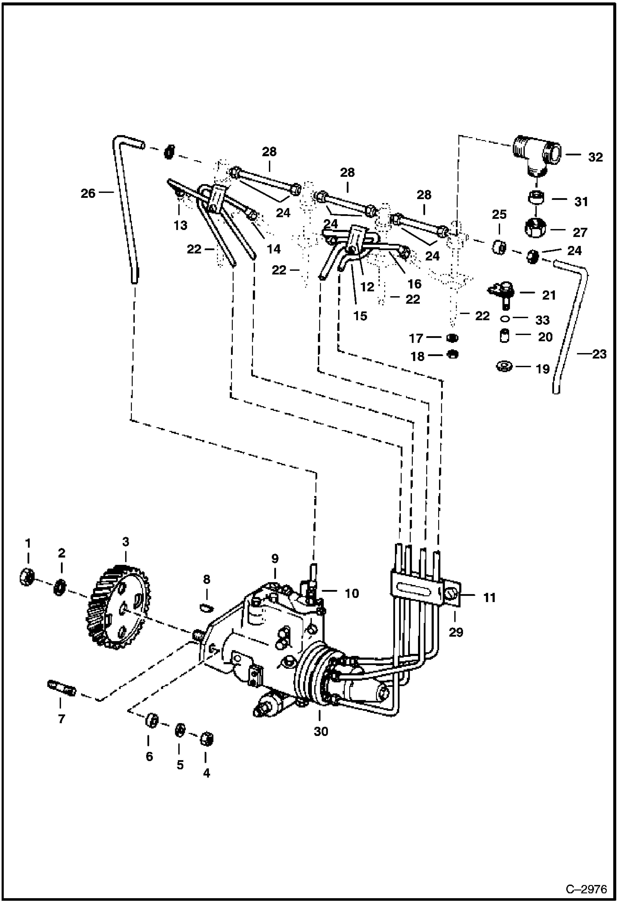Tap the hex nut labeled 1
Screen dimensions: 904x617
coord(26,576)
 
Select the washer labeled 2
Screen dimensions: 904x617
coord(61,587)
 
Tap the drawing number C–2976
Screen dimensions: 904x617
coord(586,890)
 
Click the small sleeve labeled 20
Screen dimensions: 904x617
coord(504,336)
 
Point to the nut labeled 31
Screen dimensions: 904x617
coord(536,199)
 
